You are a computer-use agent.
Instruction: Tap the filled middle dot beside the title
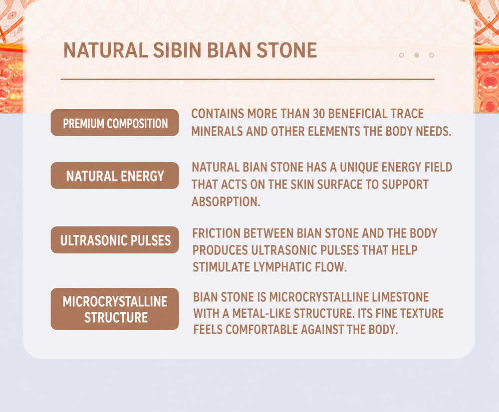(x=416, y=55)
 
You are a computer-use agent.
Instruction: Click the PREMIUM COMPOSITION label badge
(x=115, y=123)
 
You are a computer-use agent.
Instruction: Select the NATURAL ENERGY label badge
(x=115, y=176)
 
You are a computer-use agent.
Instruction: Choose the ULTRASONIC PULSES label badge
(x=115, y=240)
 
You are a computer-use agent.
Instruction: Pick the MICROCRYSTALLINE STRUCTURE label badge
(x=115, y=309)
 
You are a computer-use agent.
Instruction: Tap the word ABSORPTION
(x=226, y=202)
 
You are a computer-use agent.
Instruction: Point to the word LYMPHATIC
(x=282, y=267)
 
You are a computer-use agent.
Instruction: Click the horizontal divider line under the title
(x=248, y=79)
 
